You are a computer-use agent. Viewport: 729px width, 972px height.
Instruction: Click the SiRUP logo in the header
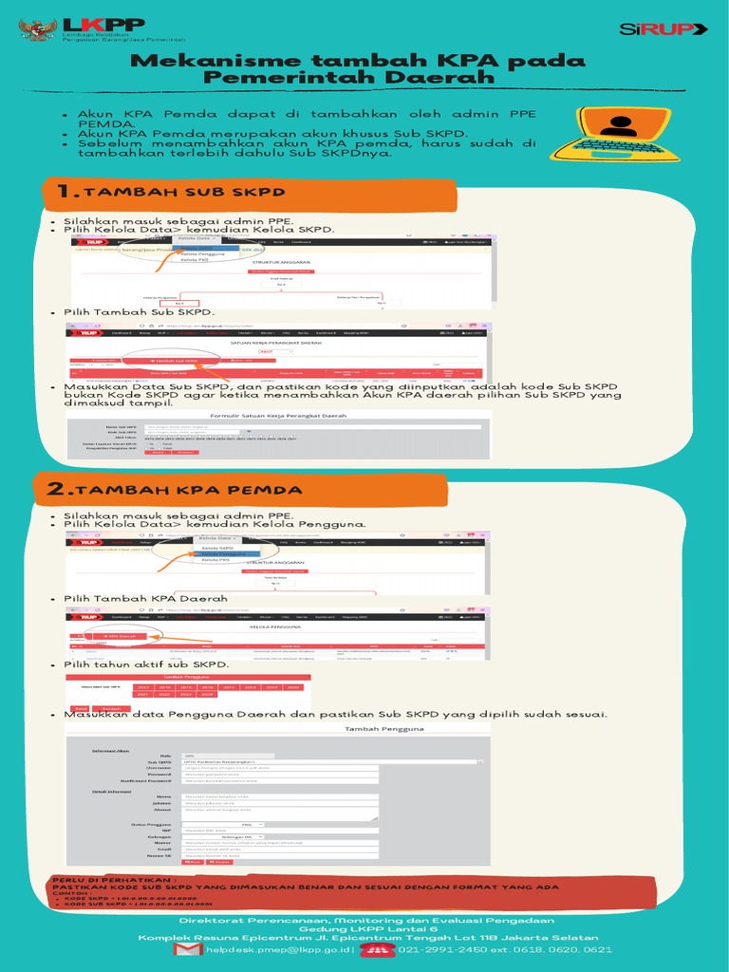[x=663, y=29]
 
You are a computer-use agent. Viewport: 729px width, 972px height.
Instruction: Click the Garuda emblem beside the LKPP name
[x=38, y=30]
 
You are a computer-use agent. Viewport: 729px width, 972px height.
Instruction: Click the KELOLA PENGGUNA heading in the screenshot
[x=275, y=627]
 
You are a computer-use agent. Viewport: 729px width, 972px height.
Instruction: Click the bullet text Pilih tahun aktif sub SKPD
[x=146, y=664]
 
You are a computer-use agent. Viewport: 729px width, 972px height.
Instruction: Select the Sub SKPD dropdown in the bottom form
[x=332, y=761]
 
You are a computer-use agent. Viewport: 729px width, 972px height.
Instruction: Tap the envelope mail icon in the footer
[x=187, y=949]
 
